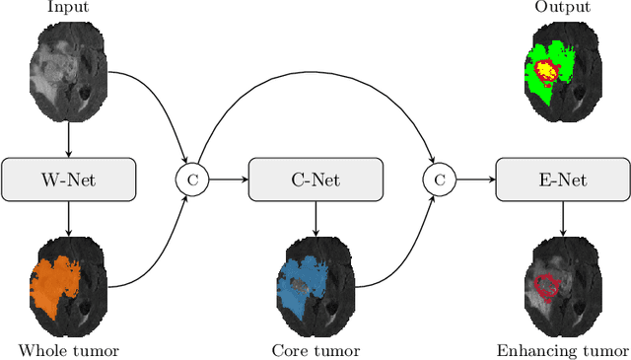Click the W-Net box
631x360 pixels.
[68, 180]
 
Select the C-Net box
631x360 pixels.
[315, 180]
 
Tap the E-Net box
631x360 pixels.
[562, 180]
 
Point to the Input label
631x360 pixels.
[68, 9]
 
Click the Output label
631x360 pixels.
[562, 9]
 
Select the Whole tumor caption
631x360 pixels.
[68, 350]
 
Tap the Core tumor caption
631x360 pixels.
[315, 350]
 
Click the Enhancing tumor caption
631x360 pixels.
[562, 350]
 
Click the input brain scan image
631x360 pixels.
[68, 69]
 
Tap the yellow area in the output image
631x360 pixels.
[545, 71]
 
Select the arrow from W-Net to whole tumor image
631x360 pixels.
[68, 218]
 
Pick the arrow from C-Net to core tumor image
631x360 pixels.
[315, 218]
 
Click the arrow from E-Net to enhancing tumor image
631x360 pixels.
[562, 218]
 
